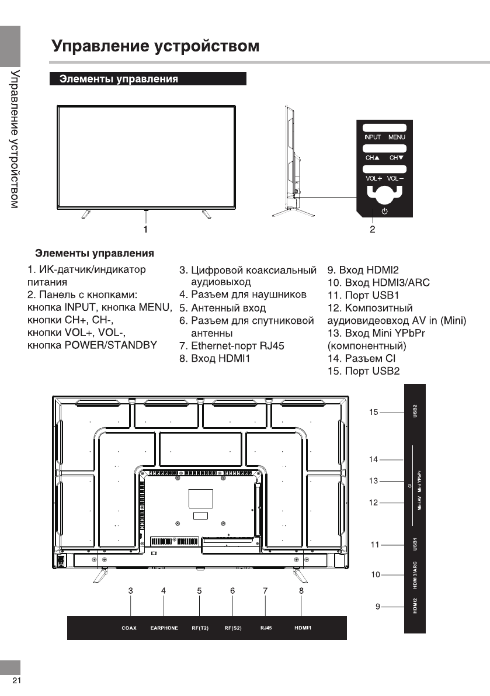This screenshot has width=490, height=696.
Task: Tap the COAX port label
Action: tap(129, 628)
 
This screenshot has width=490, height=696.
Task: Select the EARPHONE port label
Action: tap(164, 628)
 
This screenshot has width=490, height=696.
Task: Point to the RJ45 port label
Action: tap(265, 628)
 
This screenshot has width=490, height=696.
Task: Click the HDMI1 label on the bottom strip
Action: tap(302, 628)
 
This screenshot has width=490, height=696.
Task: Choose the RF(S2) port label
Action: tap(233, 628)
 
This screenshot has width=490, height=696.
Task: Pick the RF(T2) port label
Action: tap(200, 628)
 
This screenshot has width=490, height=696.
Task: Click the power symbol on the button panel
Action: tap(384, 212)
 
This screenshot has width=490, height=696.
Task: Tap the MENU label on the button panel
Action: tap(397, 137)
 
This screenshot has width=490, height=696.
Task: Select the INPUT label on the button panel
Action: tap(373, 137)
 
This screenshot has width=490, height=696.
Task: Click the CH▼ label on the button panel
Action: tap(397, 158)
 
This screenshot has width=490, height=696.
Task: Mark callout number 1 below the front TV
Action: tap(145, 229)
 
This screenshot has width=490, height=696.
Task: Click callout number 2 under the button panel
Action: tap(372, 229)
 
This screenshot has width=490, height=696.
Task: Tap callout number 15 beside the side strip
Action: tap(374, 413)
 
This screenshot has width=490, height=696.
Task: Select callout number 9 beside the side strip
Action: tap(378, 607)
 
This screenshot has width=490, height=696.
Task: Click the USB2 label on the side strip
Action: tap(415, 411)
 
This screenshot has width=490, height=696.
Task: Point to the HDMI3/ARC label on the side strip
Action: tap(415, 576)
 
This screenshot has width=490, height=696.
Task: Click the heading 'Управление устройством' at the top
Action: tap(155, 46)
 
